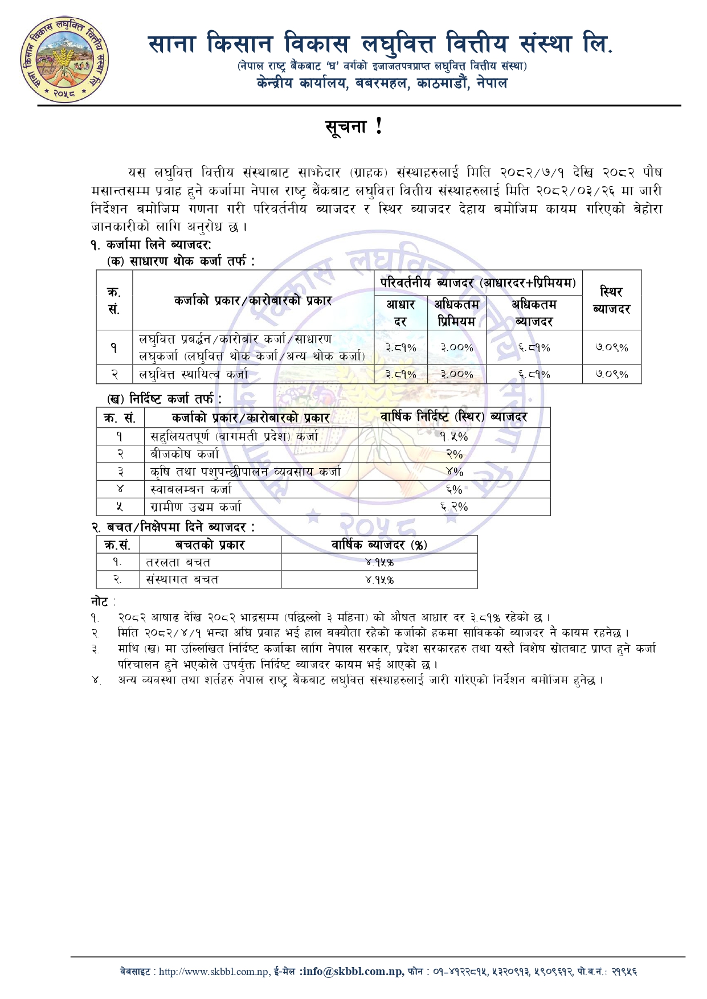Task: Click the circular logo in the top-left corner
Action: (64, 59)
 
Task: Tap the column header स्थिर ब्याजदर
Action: (611, 300)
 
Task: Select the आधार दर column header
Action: (401, 313)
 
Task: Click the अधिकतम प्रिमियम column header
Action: (456, 313)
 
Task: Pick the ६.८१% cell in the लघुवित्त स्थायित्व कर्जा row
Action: (534, 374)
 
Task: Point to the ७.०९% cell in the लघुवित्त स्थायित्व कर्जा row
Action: (611, 374)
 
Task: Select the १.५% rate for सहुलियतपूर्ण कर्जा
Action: (454, 436)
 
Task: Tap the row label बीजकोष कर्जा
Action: (185, 454)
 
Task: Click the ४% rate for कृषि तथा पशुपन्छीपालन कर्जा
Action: (454, 472)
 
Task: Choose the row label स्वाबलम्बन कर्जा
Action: (191, 489)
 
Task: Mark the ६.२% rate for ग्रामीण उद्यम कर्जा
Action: (454, 506)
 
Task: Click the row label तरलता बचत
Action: (178, 562)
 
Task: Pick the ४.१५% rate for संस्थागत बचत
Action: (379, 580)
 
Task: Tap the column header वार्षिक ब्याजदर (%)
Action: (379, 544)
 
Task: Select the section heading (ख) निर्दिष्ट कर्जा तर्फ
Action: (164, 399)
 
